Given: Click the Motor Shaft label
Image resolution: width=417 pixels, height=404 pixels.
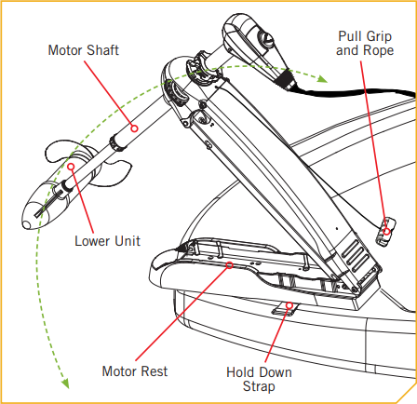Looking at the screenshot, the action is point(84,50).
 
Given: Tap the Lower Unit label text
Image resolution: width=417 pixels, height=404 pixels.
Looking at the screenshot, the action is point(107,241).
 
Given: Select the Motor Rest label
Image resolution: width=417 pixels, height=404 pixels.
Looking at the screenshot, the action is point(135,371).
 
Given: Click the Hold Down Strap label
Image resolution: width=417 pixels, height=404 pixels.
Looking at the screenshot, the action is point(259,379).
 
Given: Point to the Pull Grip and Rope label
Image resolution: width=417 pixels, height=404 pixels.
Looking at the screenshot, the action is point(365,43).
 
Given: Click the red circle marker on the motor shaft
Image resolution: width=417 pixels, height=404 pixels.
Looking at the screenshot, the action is point(134,128).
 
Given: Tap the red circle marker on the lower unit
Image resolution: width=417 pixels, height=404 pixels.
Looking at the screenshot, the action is point(71,167).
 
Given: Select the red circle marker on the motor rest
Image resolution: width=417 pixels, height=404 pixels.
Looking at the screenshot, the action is point(229,265).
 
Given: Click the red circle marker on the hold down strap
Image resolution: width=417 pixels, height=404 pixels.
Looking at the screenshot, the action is point(289,305).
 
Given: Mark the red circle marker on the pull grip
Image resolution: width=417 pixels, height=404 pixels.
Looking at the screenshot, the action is point(386,231).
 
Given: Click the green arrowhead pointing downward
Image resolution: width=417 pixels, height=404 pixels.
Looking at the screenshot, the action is point(65,384).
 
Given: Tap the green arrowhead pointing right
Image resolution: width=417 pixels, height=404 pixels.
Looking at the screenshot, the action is point(323,79).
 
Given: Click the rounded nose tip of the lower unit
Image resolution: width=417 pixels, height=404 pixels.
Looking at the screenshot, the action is point(27,224).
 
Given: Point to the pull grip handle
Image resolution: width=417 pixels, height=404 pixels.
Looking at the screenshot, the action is point(385,231).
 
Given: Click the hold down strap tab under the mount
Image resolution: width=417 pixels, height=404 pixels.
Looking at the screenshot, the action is point(285,309).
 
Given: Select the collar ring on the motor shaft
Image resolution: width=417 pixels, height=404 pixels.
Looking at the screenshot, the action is point(118,143).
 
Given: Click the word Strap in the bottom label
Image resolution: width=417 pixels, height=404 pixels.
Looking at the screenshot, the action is point(259,386).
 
